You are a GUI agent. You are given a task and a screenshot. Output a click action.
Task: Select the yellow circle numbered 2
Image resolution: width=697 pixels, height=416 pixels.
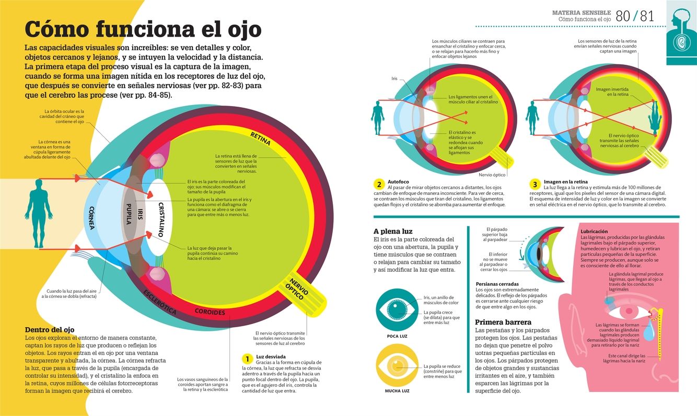pyautogui.click(x=379, y=184)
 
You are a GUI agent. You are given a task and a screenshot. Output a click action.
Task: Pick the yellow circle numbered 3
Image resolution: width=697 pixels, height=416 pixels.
pyautogui.click(x=534, y=184)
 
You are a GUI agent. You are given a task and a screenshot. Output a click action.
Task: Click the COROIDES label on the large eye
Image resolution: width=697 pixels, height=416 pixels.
pyautogui.click(x=210, y=312)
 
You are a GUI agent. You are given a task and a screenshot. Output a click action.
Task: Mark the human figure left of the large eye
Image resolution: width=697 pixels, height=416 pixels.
pyautogui.click(x=39, y=206)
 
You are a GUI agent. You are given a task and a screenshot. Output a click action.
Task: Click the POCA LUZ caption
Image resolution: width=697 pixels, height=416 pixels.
pyautogui.click(x=397, y=336)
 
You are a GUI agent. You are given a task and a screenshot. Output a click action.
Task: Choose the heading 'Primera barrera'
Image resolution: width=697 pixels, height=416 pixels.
pyautogui.click(x=503, y=322)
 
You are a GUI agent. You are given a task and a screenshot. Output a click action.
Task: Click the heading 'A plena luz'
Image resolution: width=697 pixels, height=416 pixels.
pyautogui.click(x=393, y=231)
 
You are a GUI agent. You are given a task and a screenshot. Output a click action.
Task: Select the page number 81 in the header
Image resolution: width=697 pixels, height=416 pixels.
pyautogui.click(x=647, y=16)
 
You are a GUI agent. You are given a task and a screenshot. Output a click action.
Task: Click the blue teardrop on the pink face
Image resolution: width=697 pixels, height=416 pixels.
pyautogui.click(x=648, y=330)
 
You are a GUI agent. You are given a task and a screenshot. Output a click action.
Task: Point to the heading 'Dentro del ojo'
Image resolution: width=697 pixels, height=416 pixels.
pyautogui.click(x=50, y=330)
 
